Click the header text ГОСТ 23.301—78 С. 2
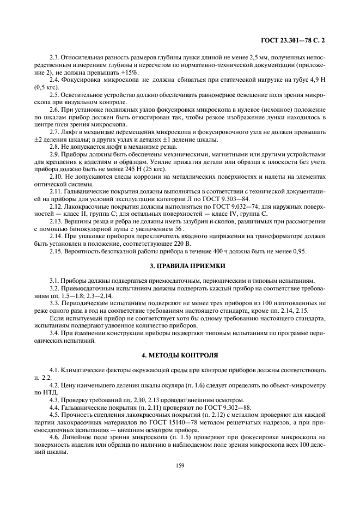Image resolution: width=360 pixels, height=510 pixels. point(294,40)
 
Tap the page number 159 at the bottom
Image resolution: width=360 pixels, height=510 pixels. point(180,465)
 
